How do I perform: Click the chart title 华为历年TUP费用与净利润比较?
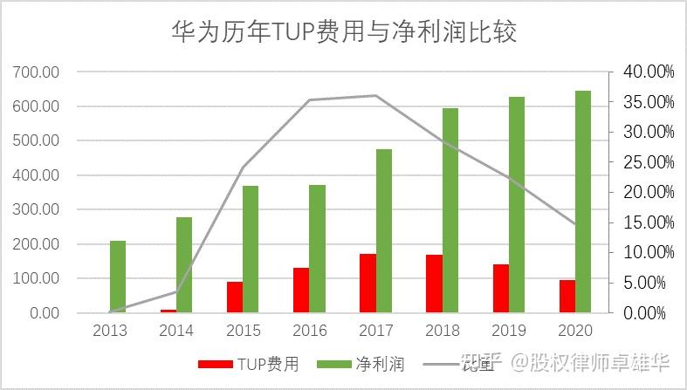343,32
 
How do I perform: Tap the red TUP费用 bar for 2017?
368,283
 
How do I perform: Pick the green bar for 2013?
118,277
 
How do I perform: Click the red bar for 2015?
235,297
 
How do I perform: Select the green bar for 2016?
317,249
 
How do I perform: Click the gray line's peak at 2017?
375,95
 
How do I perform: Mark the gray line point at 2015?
243,168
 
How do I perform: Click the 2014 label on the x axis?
176,332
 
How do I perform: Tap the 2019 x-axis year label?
508,332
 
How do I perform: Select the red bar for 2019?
500,288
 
